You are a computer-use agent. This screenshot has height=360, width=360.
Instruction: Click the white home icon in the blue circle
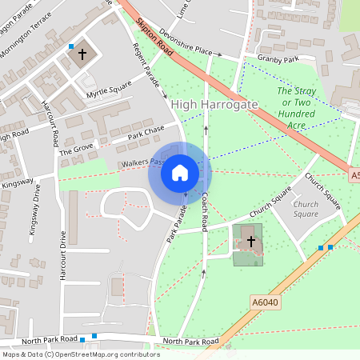180,172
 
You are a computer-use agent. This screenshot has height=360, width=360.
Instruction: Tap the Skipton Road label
155,38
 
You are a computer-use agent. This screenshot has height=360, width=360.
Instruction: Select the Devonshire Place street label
189,46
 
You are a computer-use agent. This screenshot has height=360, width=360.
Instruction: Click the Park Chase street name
145,131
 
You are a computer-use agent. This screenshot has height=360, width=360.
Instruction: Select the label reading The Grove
77,148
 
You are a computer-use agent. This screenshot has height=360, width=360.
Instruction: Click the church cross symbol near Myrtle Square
82,55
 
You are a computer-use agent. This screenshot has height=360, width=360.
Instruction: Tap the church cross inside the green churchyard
250,241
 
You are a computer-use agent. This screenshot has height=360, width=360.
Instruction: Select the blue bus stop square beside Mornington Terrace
71,46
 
